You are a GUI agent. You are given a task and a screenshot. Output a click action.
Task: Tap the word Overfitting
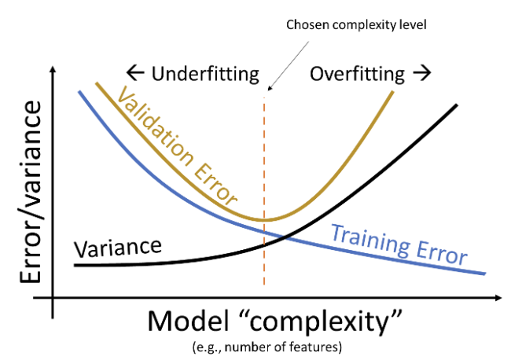[358, 75]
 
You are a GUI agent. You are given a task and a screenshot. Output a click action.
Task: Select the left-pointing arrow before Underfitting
[135, 75]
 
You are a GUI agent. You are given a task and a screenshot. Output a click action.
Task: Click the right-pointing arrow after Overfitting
[422, 74]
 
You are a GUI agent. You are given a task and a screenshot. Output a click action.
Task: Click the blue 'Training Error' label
[399, 244]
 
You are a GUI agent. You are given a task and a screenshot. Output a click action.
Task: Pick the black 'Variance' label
[117, 248]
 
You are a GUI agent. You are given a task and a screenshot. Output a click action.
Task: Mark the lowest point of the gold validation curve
[266, 219]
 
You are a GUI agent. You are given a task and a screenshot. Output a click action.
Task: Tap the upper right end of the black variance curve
[457, 105]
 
